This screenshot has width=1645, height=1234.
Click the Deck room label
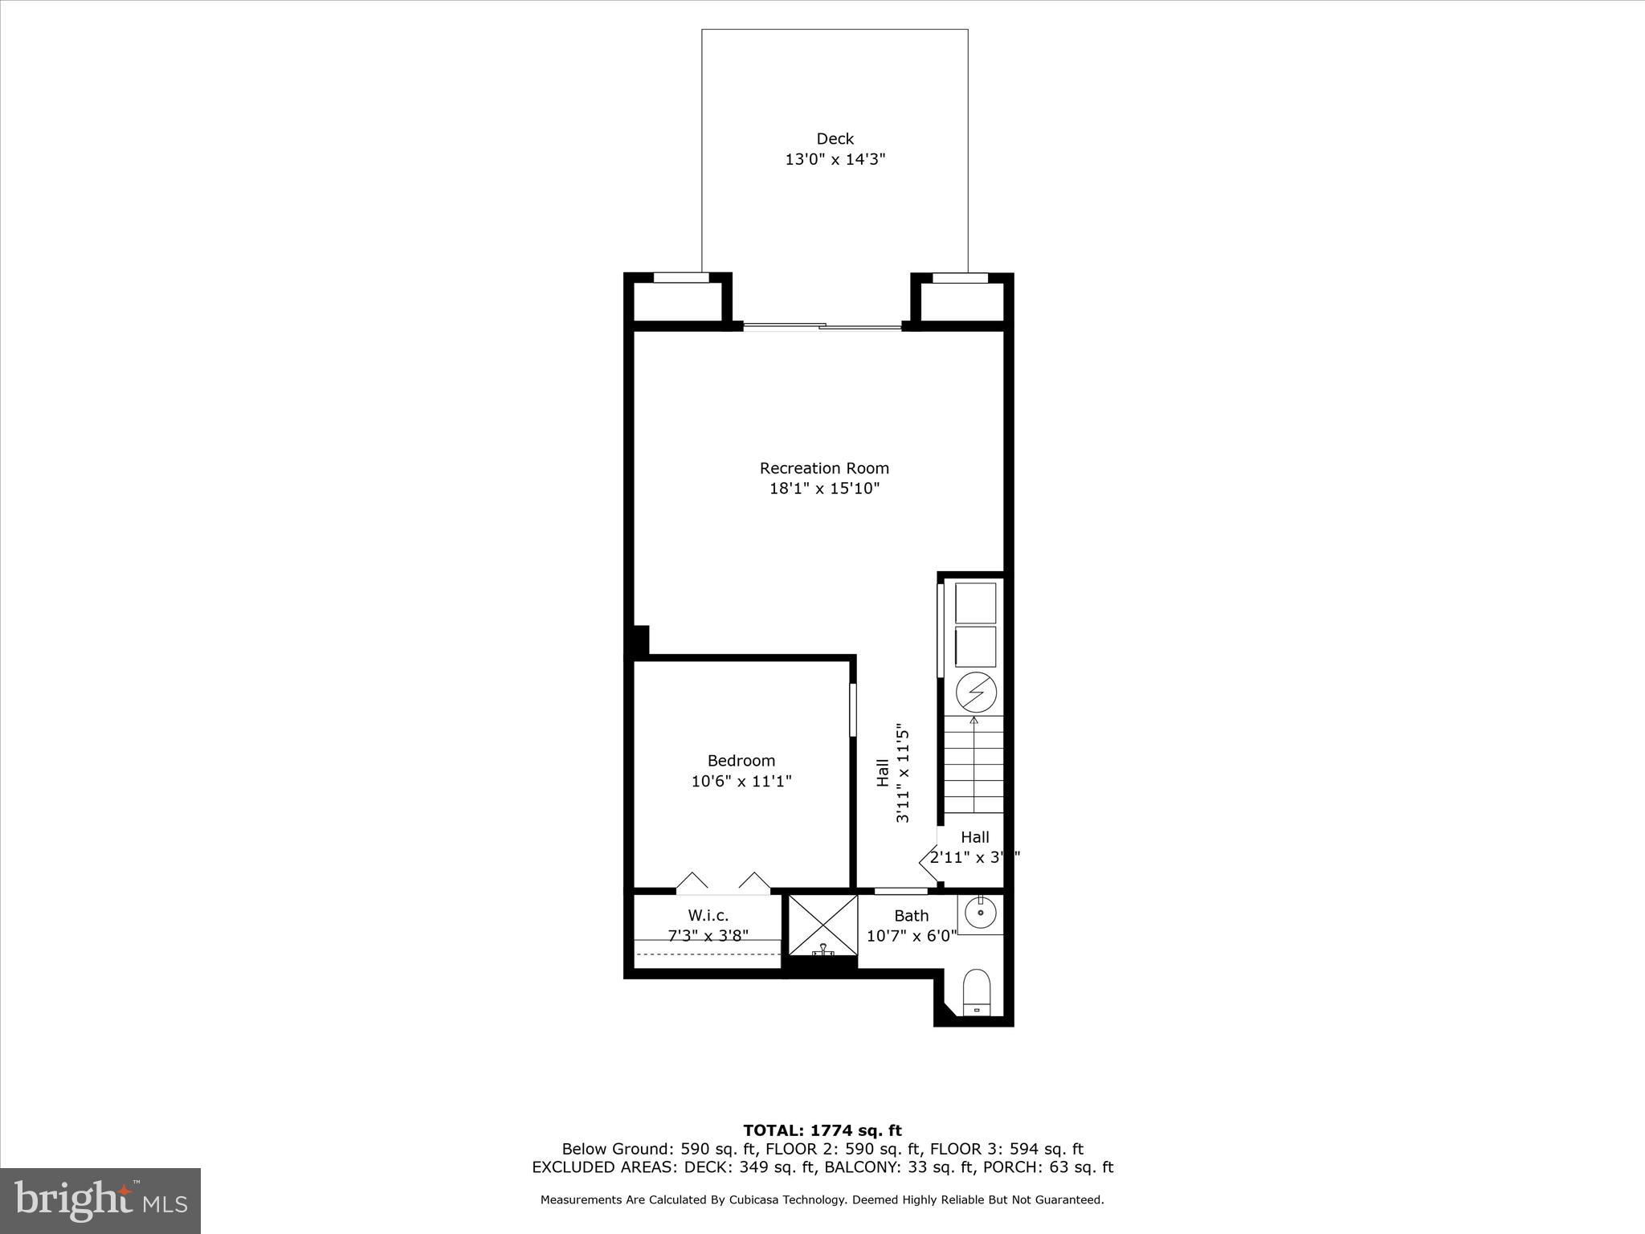[835, 139]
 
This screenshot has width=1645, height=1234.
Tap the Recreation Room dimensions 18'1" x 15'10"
[824, 488]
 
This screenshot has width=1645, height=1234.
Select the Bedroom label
[741, 760]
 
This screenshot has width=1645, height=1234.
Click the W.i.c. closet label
[708, 915]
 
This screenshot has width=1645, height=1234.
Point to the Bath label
[911, 915]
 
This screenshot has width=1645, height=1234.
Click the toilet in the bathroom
[977, 993]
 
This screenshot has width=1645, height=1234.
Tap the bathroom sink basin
[981, 913]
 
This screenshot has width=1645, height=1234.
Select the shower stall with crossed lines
[822, 925]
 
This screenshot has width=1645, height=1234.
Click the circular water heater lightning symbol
[976, 692]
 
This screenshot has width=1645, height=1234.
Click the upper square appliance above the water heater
[975, 603]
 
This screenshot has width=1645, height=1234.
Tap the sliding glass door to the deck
[822, 326]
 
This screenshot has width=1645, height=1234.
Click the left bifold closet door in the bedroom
[692, 882]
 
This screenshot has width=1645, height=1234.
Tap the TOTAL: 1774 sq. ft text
[822, 1131]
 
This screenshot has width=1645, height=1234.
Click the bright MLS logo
[100, 1200]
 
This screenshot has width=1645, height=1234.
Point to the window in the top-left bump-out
[681, 278]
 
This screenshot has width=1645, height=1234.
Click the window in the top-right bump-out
[959, 278]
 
